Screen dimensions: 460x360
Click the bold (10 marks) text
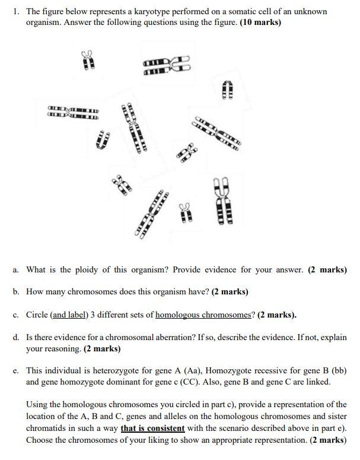point(260,23)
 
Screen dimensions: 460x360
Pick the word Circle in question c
point(37,315)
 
